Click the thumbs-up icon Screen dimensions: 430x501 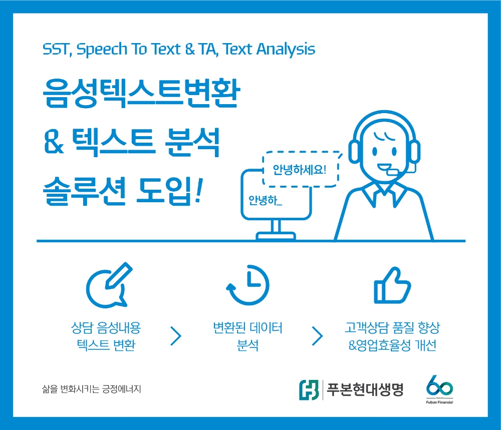(x=393, y=286)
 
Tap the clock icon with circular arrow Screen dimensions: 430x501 (x=248, y=286)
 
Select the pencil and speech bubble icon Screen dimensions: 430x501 (x=108, y=286)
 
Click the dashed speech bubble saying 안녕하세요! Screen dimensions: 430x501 (x=300, y=169)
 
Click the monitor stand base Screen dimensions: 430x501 (x=276, y=235)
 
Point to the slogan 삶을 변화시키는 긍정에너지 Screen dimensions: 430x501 (x=92, y=388)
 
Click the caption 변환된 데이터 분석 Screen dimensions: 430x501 (x=247, y=336)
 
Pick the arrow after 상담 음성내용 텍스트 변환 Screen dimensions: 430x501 (x=175, y=336)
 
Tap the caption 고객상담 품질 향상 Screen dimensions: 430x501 (x=392, y=329)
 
